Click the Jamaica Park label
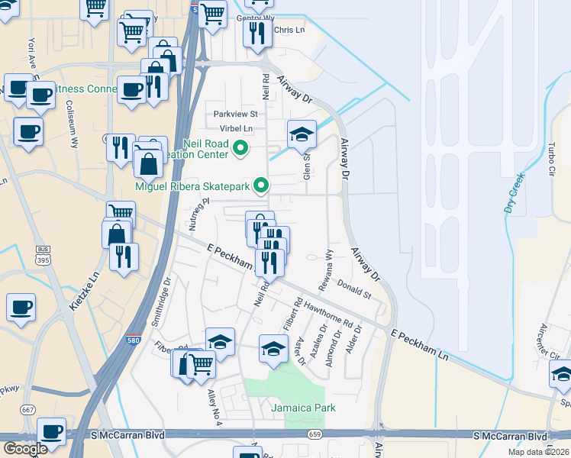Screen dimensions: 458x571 pyautogui.click(x=303, y=408)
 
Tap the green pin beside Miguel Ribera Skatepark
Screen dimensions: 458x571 pyautogui.click(x=261, y=185)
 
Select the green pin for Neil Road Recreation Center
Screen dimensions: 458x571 pyautogui.click(x=241, y=148)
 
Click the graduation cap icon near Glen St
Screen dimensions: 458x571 pyautogui.click(x=302, y=134)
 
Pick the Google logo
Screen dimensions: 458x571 pyautogui.click(x=26, y=448)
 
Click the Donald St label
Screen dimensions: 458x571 pyautogui.click(x=353, y=291)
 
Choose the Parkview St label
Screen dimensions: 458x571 pyautogui.click(x=236, y=114)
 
